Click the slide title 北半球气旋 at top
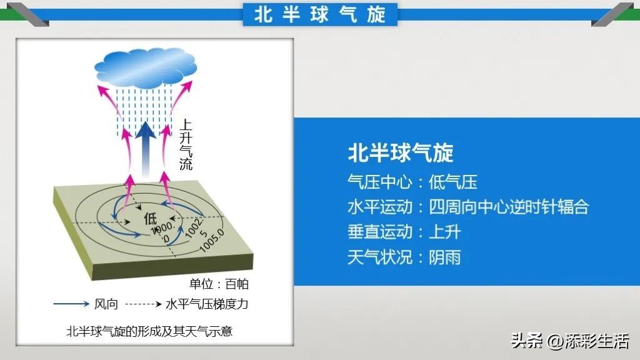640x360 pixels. [319, 14]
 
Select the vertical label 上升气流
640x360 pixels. [186, 144]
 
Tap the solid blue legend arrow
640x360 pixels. [71, 304]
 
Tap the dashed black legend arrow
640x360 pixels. [144, 304]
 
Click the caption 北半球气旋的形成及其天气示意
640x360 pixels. [149, 331]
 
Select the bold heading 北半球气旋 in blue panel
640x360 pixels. [400, 152]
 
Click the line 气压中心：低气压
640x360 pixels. [412, 182]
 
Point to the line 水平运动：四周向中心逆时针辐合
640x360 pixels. [468, 207]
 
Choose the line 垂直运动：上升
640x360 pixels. [404, 231]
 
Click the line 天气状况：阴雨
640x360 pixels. [404, 256]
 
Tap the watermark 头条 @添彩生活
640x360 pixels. [570, 341]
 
